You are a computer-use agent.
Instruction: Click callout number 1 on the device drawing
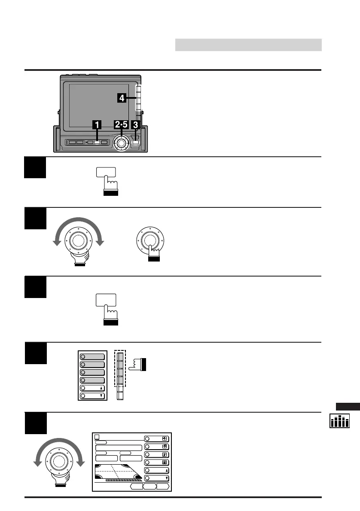(x=97, y=125)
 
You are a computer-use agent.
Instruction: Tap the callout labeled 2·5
(x=121, y=125)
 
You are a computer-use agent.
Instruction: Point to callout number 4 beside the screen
(x=122, y=98)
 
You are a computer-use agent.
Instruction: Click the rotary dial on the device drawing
(x=122, y=143)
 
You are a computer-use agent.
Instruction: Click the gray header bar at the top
(x=248, y=45)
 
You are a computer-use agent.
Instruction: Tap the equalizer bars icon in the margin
(x=339, y=421)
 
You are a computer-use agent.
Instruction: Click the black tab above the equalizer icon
(x=348, y=407)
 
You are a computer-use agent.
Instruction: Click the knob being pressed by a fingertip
(x=149, y=239)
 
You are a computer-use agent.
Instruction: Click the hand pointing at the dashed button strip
(x=137, y=365)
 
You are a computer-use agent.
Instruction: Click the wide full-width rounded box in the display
(x=119, y=447)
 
